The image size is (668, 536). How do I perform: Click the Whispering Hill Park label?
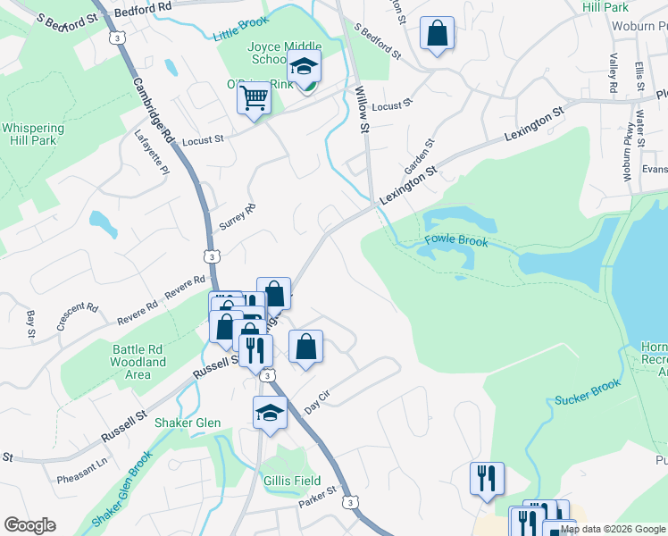[34, 134]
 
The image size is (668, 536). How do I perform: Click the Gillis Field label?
[292, 481]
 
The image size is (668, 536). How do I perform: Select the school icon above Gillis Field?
[270, 412]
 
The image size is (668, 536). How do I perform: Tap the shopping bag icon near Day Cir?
[305, 346]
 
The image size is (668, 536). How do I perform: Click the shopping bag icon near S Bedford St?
[437, 35]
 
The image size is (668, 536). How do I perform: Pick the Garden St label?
[417, 156]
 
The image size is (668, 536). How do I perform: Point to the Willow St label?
[363, 109]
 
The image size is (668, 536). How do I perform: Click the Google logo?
[29, 525]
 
